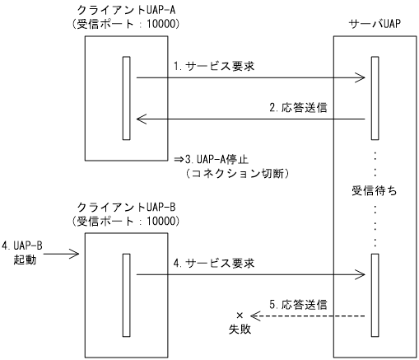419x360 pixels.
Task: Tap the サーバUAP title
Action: point(375,25)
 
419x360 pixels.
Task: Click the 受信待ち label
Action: point(375,191)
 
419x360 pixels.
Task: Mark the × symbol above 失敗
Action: point(240,316)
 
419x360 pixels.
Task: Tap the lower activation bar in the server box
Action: point(374,290)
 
